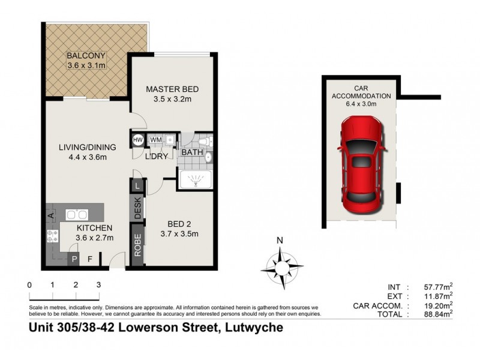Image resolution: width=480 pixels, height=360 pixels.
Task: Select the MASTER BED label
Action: [172, 90]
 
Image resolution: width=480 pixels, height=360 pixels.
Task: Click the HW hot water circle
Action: [137, 140]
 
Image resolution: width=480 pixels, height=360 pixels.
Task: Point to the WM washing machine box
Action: [156, 140]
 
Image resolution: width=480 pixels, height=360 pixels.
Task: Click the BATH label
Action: [192, 152]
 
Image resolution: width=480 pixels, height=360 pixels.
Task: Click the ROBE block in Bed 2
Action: [137, 245]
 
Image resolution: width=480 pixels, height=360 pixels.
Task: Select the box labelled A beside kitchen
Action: [51, 214]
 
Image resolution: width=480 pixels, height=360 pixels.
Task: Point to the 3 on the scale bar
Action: [98, 285]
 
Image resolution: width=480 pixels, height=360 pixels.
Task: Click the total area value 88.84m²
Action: [438, 313]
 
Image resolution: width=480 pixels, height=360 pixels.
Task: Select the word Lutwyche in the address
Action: [254, 328]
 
